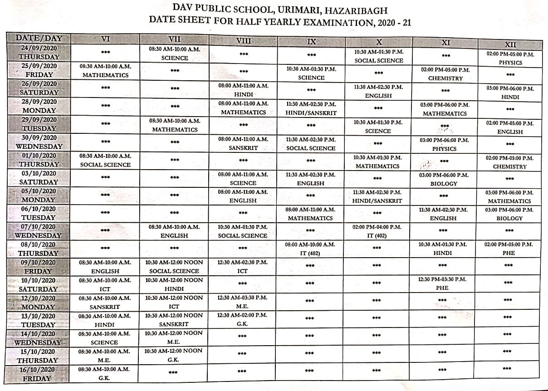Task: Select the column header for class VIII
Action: coord(244,41)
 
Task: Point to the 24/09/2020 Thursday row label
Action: coord(39,52)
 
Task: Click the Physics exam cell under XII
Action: coord(510,58)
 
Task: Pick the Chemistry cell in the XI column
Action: coord(445,74)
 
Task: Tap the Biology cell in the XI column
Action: coord(444,179)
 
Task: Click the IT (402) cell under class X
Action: coord(377,231)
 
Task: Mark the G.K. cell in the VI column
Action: coord(105,374)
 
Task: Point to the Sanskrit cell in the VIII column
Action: coord(243,144)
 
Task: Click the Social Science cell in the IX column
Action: coord(311,144)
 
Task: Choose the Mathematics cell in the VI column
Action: coord(105,71)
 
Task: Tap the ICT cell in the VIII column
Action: coord(243,267)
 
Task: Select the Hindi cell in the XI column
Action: coord(442,249)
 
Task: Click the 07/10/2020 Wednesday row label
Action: coord(39,231)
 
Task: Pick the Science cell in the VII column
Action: coord(175,54)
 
